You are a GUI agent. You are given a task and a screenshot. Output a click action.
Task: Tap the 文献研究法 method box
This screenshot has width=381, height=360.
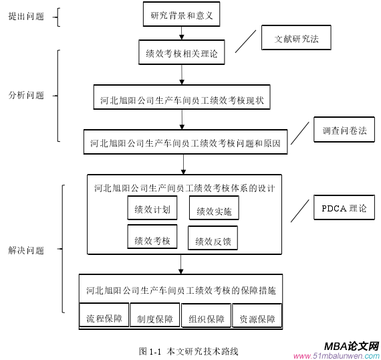(296, 39)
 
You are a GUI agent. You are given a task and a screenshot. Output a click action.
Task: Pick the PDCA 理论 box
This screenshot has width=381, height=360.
(344, 208)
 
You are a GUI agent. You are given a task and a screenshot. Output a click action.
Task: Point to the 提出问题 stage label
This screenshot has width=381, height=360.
(26, 16)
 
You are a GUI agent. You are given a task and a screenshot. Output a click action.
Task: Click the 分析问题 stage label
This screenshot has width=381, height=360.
(26, 95)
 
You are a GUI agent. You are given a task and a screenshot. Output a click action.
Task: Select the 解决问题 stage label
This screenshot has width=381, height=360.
(26, 250)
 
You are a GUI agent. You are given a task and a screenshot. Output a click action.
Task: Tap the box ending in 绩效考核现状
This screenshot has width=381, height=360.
(182, 100)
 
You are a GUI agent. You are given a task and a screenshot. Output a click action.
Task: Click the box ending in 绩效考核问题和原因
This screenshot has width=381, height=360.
(185, 143)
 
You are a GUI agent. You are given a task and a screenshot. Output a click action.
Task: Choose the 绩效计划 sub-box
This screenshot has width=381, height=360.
(152, 209)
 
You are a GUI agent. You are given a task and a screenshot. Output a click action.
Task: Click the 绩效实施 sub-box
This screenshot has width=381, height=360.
(214, 211)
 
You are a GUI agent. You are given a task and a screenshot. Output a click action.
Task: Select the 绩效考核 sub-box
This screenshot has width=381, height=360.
(152, 239)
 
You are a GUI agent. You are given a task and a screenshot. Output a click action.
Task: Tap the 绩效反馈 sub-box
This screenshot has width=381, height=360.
(213, 240)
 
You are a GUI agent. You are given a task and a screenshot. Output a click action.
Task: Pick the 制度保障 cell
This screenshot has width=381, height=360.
(155, 319)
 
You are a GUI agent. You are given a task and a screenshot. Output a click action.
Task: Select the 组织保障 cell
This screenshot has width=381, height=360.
(206, 319)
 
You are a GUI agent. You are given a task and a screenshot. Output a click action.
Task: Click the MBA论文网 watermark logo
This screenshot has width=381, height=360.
(351, 347)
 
